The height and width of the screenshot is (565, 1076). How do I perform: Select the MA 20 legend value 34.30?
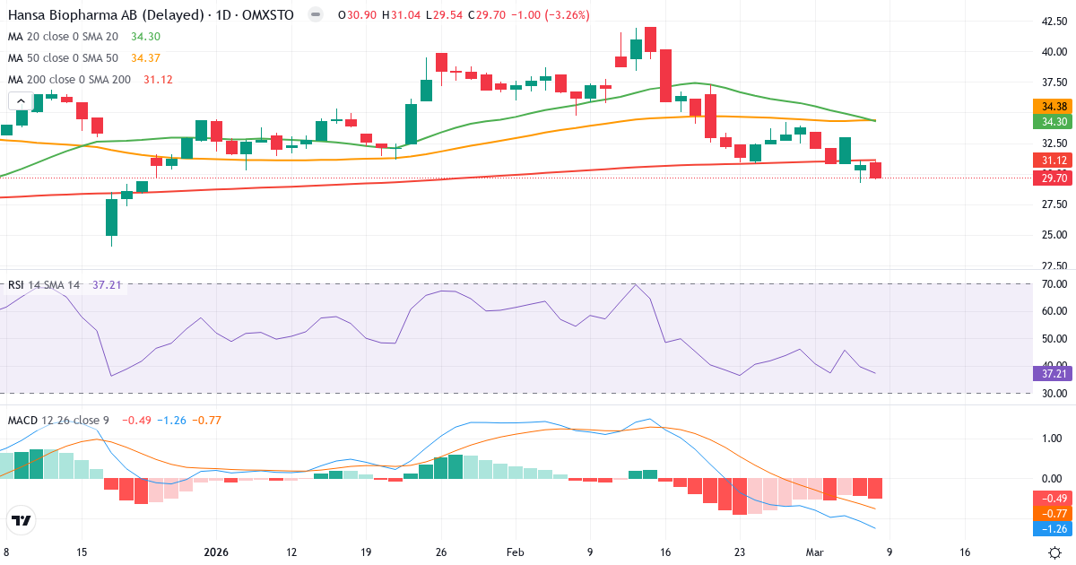[x=145, y=36]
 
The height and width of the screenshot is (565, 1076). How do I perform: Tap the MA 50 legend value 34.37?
[x=145, y=57]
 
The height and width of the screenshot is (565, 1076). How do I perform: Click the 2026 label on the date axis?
[x=216, y=552]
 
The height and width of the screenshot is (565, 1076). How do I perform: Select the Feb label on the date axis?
[x=516, y=552]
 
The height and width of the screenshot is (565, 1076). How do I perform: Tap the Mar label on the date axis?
[x=814, y=552]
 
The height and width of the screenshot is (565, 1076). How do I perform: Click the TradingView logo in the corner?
[x=22, y=519]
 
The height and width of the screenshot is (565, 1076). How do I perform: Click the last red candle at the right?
[x=875, y=169]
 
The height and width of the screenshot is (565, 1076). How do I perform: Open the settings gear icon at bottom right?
[x=1055, y=552]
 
